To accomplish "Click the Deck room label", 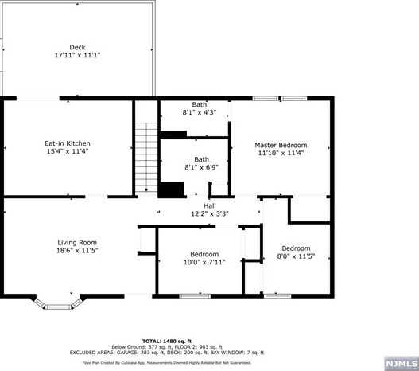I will coord(77,47).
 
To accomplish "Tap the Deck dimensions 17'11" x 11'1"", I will coord(77,56).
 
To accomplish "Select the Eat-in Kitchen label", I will coord(67,143).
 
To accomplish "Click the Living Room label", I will coord(76,242).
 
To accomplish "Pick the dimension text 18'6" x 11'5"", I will coord(76,251).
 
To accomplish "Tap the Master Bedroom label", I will coord(281,145).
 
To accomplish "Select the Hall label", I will coord(209,205).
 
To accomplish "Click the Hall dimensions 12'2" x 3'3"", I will coord(209,213).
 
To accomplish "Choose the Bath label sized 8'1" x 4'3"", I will coord(200,104).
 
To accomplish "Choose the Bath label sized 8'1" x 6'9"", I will coord(202,158).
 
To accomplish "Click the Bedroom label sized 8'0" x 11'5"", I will coord(296,248).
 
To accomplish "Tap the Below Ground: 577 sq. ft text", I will coord(142,346).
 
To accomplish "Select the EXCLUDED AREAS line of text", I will coord(167,352).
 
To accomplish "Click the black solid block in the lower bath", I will coord(169,189).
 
